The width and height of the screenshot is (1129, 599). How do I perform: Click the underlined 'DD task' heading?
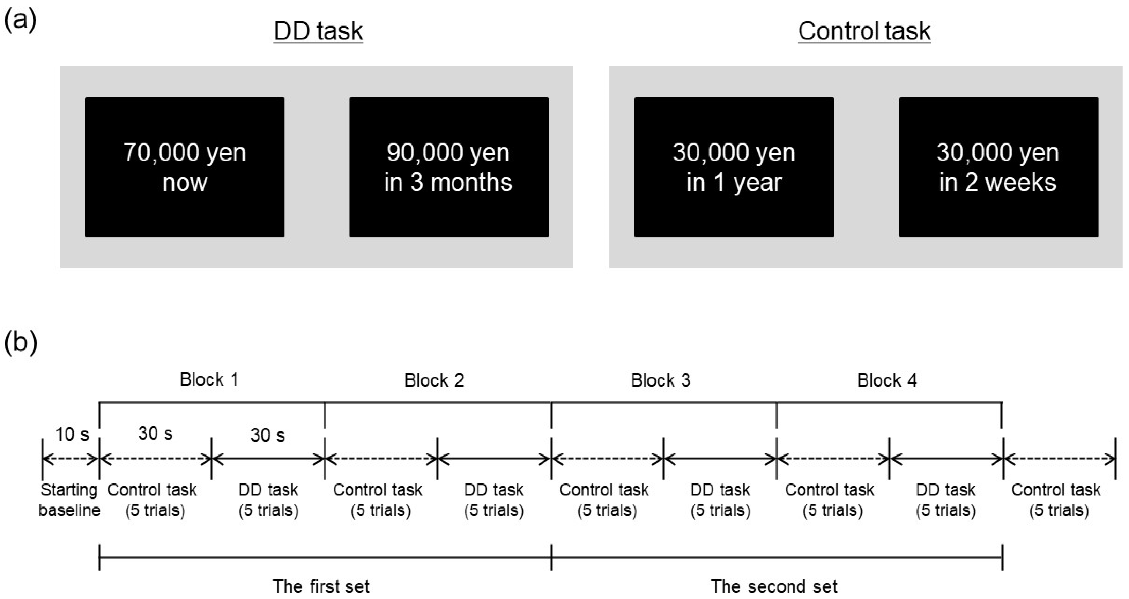(318, 31)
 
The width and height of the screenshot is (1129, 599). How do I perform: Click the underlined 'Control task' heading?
(864, 31)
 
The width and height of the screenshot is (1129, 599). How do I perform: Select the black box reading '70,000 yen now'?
(185, 167)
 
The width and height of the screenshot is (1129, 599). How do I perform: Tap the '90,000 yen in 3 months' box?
(449, 167)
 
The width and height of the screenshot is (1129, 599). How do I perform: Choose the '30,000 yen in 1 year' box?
(734, 167)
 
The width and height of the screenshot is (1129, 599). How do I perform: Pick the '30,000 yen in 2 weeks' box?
(998, 167)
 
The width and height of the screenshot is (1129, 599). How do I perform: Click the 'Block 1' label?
(209, 380)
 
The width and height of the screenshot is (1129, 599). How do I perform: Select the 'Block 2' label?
(434, 380)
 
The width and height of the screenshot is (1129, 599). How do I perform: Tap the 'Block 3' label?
(661, 380)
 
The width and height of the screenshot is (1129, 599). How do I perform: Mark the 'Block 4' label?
(887, 380)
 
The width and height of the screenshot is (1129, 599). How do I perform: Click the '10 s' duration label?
(72, 434)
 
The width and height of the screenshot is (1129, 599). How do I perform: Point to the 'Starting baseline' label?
(69, 500)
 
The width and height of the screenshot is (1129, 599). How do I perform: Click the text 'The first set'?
(321, 586)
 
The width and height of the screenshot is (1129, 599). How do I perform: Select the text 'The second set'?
(774, 586)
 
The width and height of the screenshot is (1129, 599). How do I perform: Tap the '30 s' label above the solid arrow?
(267, 435)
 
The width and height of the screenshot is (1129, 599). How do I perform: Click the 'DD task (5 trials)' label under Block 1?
(268, 500)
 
